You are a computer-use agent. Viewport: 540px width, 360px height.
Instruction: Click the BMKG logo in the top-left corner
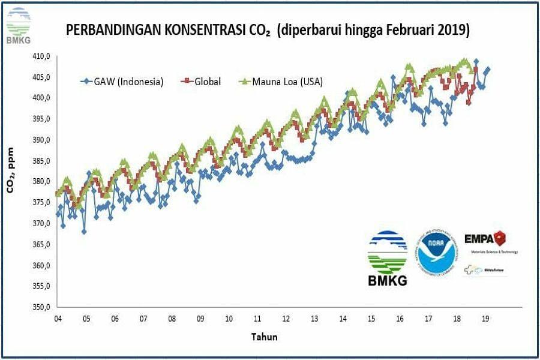18,26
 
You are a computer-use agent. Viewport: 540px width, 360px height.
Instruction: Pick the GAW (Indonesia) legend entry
122,82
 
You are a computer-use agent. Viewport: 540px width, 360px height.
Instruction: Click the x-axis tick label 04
58,319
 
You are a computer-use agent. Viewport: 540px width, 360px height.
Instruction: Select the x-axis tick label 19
485,319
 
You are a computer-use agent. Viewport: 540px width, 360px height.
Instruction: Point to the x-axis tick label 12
286,319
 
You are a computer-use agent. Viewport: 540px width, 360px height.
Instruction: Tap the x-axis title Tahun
264,337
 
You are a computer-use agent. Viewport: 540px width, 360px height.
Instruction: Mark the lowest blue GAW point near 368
84,231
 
